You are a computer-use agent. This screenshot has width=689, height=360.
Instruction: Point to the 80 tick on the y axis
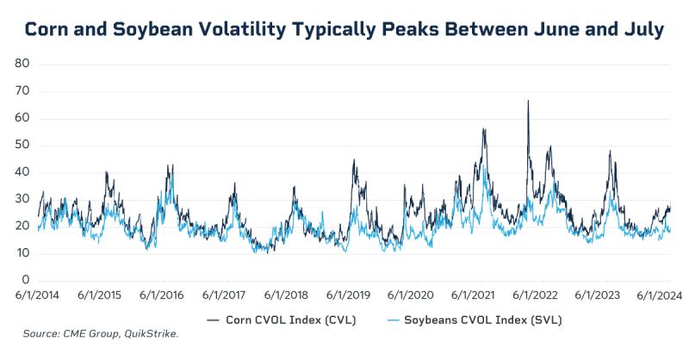click(x=23, y=64)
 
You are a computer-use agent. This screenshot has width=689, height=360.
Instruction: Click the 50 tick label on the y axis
click(x=23, y=145)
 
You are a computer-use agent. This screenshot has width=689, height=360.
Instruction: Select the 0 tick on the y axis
click(x=27, y=280)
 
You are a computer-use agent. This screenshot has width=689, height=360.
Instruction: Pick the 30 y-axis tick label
click(x=23, y=199)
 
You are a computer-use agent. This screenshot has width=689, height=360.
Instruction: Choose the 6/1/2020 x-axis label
click(x=415, y=295)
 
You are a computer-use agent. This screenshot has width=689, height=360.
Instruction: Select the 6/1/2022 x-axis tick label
click(x=541, y=295)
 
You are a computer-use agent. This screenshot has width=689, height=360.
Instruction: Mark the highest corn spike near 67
click(x=528, y=101)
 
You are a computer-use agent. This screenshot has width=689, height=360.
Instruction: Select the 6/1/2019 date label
click(x=351, y=295)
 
